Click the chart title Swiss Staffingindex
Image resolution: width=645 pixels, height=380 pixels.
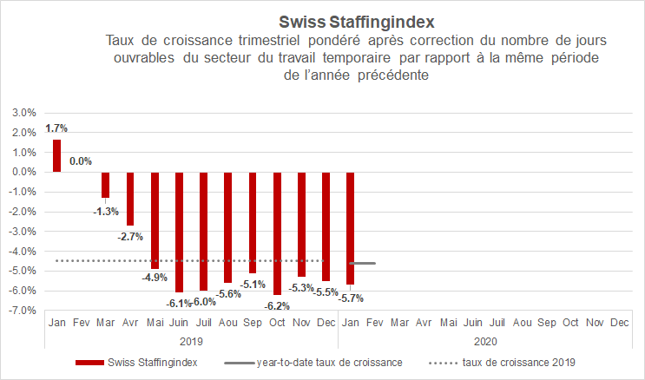click(356, 19)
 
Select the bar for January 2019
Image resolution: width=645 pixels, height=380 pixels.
click(56, 155)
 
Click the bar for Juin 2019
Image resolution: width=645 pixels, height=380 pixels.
click(179, 232)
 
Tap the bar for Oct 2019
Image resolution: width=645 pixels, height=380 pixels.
click(277, 233)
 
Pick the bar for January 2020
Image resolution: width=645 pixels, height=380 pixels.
click(351, 228)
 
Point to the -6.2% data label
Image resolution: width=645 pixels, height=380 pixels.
click(277, 305)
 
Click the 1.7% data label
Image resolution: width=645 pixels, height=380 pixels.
click(56, 128)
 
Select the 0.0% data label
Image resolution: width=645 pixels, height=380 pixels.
click(81, 161)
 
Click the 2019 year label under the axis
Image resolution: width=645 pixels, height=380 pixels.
click(191, 341)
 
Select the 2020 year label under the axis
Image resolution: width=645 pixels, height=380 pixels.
click(485, 341)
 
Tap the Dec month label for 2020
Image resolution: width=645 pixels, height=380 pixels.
click(620, 323)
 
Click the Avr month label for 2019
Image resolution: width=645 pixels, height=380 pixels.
click(130, 323)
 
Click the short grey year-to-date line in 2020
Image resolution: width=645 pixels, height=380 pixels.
click(362, 263)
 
